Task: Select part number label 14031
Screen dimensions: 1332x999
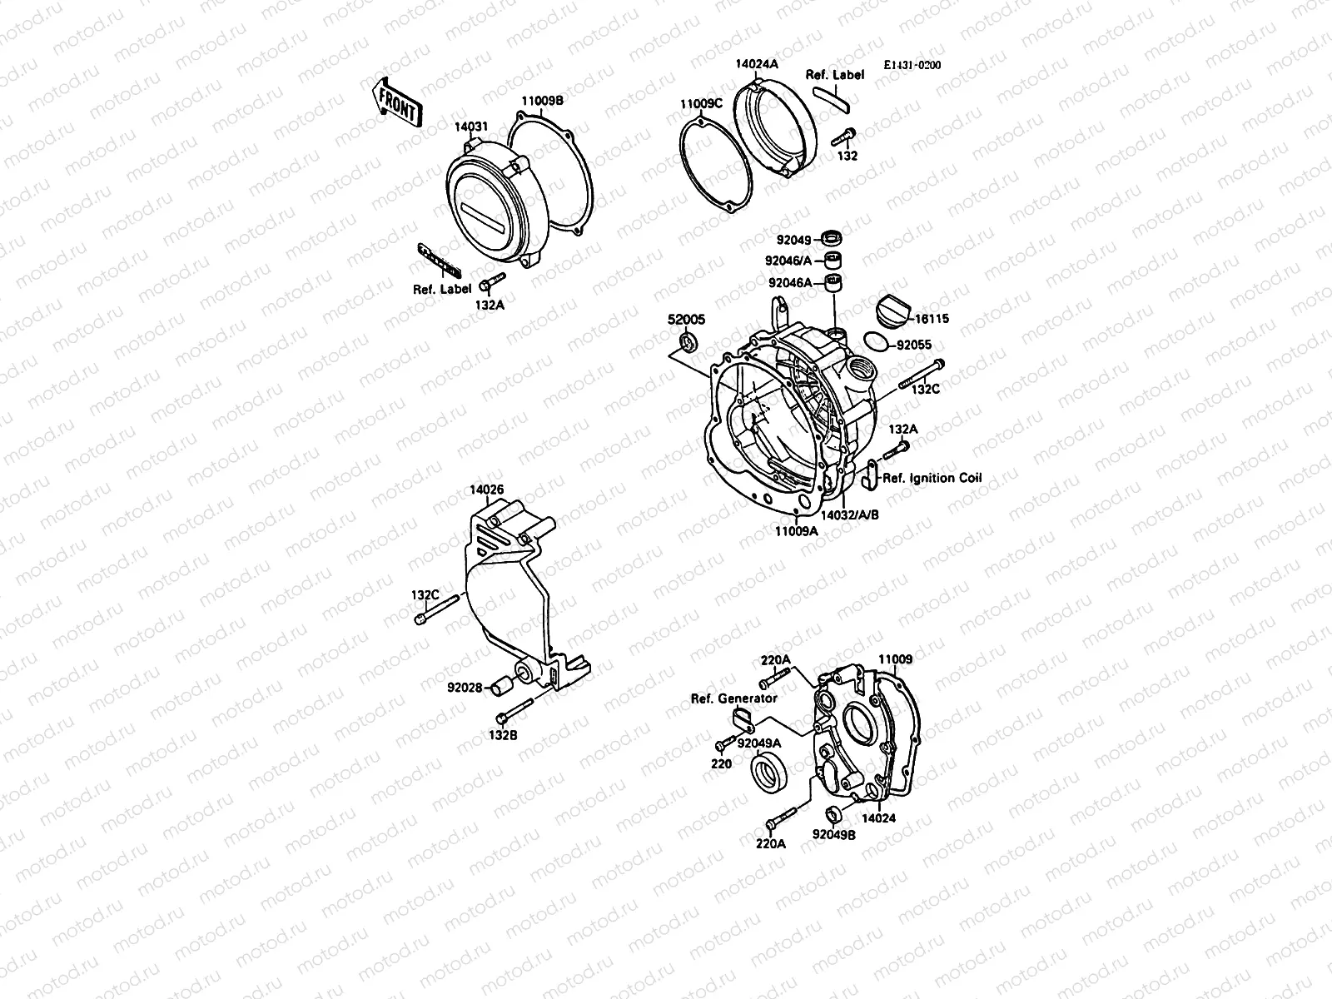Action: click(x=471, y=127)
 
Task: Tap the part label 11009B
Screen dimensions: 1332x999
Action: click(x=543, y=100)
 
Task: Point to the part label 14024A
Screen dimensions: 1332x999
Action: click(x=756, y=63)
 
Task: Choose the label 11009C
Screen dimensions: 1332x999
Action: click(x=701, y=104)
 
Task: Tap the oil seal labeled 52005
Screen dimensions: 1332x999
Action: click(x=688, y=341)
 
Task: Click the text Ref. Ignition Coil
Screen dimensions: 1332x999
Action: click(x=932, y=478)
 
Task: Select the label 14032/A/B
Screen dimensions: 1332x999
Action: click(x=849, y=515)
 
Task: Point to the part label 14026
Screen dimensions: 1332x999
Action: click(x=486, y=490)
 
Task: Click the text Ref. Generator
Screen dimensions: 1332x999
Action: click(x=733, y=698)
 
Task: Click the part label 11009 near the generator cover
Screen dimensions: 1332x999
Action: click(x=896, y=659)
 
